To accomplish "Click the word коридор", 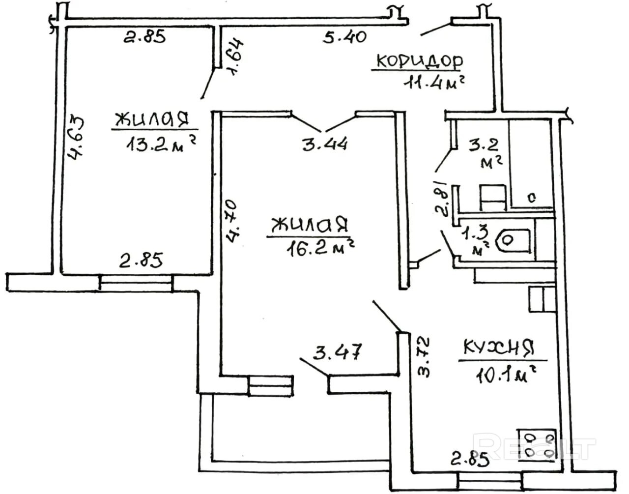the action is [x=419, y=61].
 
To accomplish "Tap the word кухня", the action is [x=498, y=348].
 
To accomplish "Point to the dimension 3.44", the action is [x=325, y=144].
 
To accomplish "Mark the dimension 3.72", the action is [x=424, y=356].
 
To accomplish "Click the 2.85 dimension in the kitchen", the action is [x=470, y=460].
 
